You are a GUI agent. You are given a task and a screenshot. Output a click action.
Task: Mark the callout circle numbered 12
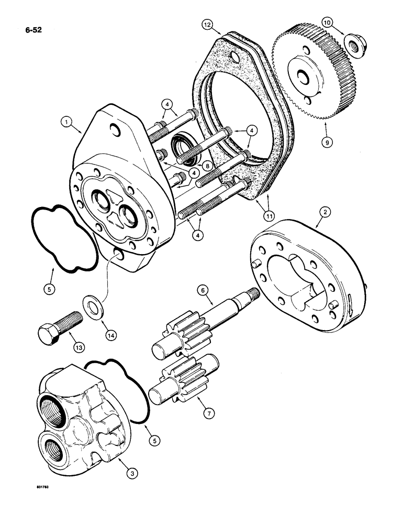click(x=208, y=24)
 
